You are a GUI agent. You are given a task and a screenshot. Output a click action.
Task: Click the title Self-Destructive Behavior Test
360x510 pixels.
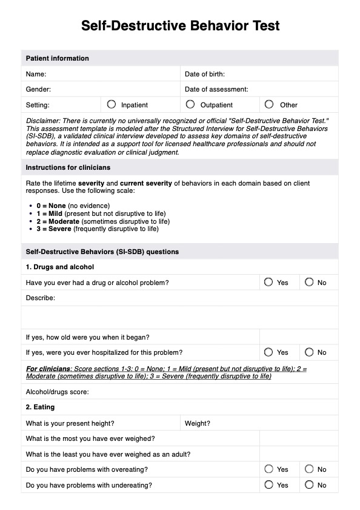180,26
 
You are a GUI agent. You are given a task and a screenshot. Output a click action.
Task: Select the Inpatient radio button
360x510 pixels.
112,104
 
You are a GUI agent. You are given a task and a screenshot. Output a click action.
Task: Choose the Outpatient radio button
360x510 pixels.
190,104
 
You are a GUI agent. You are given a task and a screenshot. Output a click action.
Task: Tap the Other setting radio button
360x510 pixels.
269,104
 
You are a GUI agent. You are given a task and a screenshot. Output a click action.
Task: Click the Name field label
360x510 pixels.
36,74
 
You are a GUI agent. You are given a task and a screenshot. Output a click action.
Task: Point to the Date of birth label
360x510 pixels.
205,74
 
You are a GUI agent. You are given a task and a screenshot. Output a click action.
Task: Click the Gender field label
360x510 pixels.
38,89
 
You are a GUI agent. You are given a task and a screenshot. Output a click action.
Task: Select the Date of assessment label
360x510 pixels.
216,89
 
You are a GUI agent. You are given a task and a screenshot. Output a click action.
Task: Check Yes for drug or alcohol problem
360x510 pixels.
269,282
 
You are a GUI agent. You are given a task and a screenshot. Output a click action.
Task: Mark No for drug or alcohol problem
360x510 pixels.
309,282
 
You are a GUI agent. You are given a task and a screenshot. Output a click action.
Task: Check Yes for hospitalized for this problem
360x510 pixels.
269,352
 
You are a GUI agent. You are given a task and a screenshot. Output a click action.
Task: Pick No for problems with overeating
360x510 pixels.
309,469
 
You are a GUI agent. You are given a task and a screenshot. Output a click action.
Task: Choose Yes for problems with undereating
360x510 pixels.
269,485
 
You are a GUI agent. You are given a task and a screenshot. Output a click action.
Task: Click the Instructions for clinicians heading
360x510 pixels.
68,167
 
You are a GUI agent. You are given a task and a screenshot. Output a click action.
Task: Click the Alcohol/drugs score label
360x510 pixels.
58,392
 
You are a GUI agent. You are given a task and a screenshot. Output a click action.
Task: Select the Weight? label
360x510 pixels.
198,423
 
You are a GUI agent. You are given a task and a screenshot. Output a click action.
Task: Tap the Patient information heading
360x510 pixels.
57,59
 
